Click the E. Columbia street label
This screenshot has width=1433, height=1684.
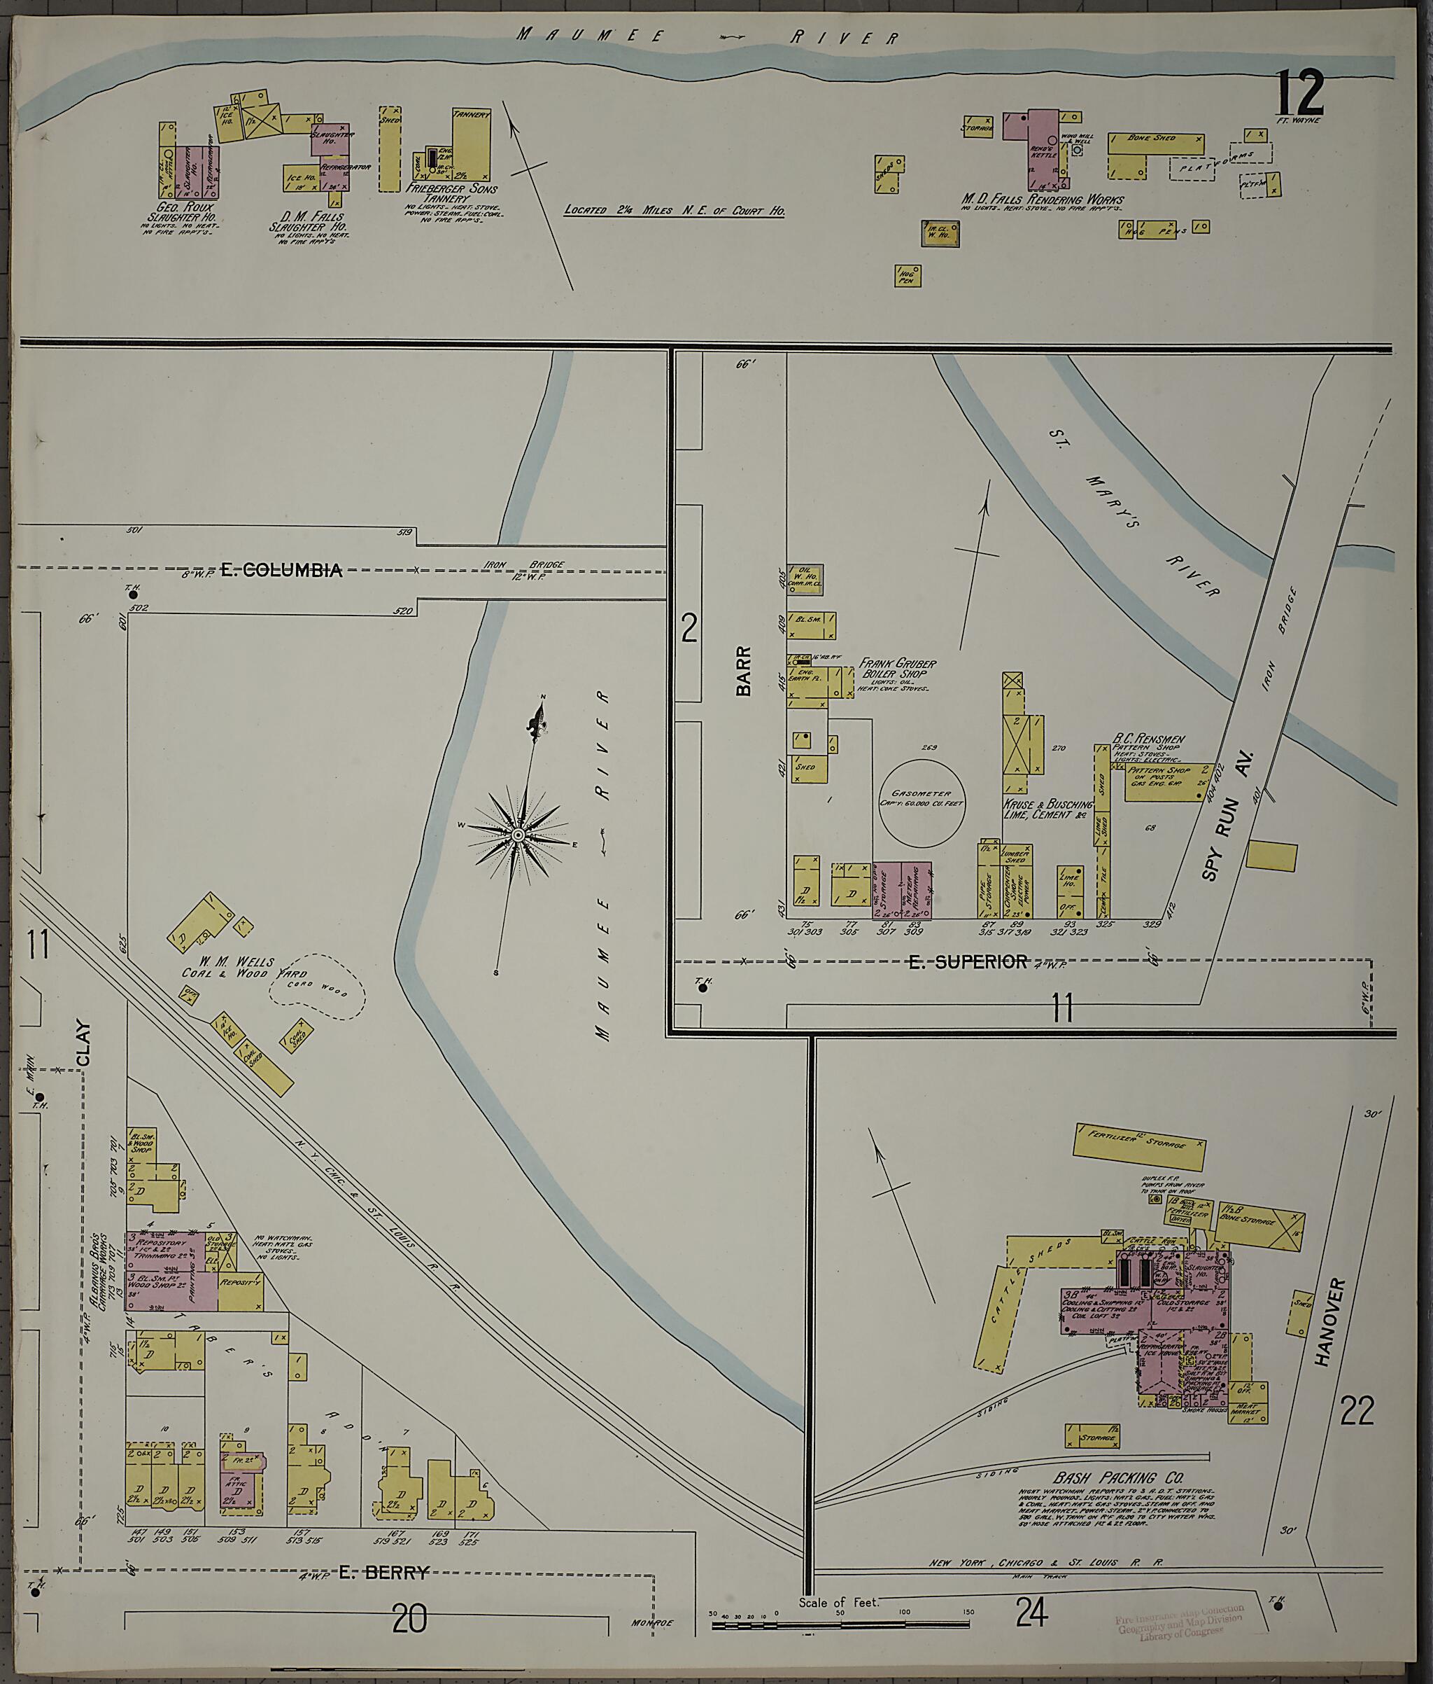pos(281,570)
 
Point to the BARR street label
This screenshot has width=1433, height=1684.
pos(743,671)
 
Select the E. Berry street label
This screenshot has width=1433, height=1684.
pos(382,1574)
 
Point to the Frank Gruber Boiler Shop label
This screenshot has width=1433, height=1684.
pos(897,668)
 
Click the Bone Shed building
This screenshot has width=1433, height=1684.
pos(1155,144)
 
